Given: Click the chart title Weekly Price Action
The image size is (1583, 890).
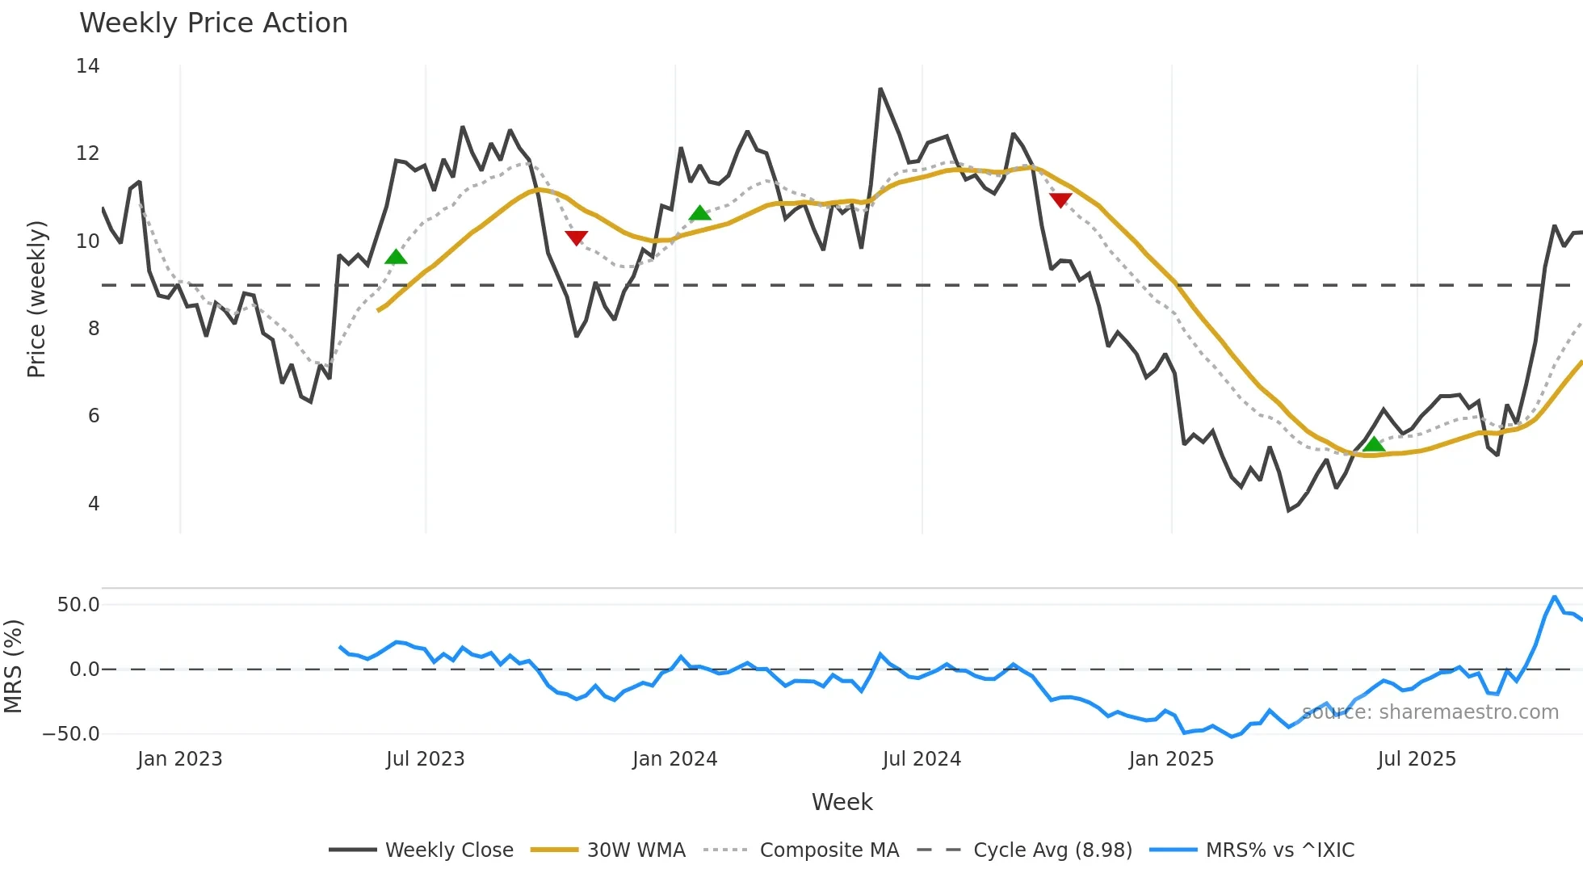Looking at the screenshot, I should [x=213, y=23].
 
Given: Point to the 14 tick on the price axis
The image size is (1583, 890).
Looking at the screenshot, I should [x=88, y=66].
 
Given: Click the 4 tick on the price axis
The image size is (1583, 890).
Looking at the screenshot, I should [x=94, y=504].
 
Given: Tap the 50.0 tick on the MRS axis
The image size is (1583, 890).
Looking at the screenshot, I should [x=78, y=605].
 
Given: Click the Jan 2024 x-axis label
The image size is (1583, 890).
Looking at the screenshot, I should [x=674, y=759].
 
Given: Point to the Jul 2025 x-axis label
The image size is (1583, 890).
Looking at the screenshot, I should [x=1417, y=759].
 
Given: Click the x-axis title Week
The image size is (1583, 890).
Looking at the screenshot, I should [x=842, y=802].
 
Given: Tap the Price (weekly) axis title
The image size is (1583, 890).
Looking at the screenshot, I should [x=36, y=299].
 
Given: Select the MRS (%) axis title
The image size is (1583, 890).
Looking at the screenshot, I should [x=13, y=666].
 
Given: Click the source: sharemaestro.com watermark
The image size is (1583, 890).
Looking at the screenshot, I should [x=1430, y=712].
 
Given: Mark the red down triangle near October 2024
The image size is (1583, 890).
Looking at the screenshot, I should [x=1060, y=199].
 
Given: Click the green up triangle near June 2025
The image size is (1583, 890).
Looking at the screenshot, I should [x=1374, y=444].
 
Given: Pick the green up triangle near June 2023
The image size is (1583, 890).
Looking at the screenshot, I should [x=396, y=257].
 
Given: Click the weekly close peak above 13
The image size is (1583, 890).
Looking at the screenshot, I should [x=880, y=89].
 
